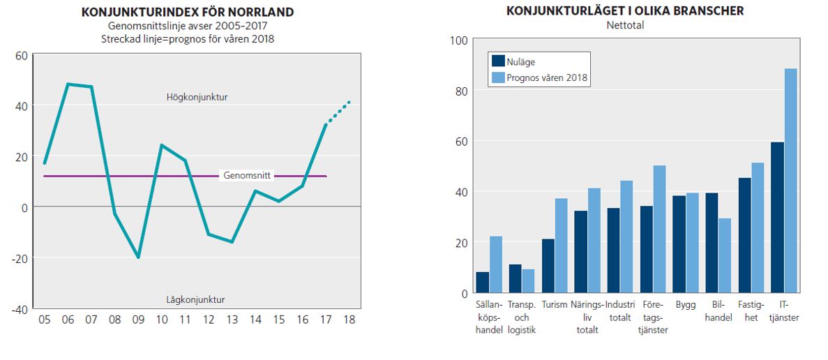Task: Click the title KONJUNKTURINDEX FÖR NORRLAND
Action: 187,13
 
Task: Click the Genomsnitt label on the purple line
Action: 247,176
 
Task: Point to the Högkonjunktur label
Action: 197,97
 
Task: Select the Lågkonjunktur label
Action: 196,299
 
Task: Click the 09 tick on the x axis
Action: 138,320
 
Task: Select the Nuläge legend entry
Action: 520,62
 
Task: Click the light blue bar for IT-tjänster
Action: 790,181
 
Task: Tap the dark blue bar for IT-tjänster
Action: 777,218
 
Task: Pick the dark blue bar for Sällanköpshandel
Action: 482,283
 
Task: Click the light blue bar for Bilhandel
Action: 725,256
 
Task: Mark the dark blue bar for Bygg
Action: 679,244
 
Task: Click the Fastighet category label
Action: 751,311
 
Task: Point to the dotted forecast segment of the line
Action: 338,113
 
